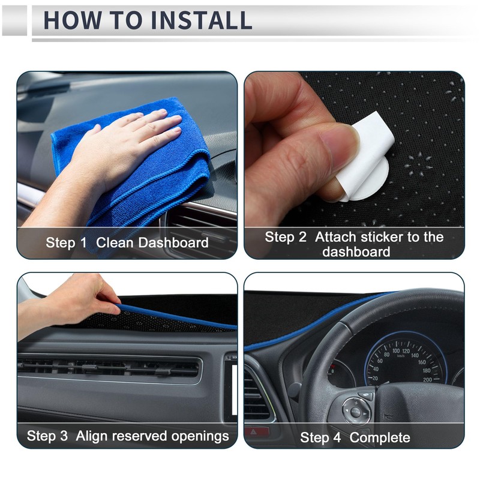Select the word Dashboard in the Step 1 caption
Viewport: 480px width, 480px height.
tap(173, 243)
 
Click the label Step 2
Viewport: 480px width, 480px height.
tap(286, 237)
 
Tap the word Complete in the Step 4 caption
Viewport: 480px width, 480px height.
tap(380, 437)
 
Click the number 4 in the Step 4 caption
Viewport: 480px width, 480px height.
tap(338, 437)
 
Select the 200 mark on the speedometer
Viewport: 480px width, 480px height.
tap(427, 379)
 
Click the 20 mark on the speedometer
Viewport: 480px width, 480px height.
tap(375, 379)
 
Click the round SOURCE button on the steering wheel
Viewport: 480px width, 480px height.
tap(356, 412)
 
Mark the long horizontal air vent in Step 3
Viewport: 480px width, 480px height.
tap(108, 367)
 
